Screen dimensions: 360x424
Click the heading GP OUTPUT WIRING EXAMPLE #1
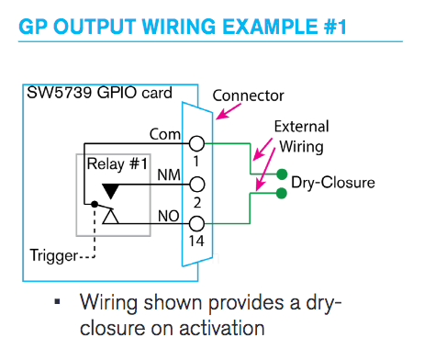[183, 28]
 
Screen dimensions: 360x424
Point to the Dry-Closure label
[333, 182]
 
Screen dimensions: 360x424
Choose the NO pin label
[167, 217]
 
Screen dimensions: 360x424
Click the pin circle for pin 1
[195, 143]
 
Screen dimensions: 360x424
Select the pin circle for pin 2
[195, 184]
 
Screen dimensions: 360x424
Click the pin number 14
[195, 242]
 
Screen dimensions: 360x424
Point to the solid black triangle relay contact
[111, 189]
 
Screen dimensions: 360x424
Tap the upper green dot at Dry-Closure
[281, 174]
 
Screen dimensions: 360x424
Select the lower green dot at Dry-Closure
[281, 193]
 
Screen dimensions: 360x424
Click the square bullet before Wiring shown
[58, 302]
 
